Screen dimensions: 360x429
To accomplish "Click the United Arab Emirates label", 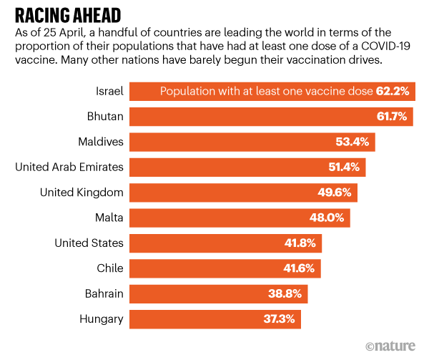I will [69, 167].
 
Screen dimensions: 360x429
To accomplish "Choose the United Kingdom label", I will [82, 193].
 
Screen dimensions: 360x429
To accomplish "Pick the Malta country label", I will [109, 218].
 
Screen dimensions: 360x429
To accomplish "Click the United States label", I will [89, 243].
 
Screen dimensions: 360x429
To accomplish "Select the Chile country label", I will [109, 268].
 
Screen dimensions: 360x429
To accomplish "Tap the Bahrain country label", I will [103, 293].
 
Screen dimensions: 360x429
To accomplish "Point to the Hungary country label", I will [102, 319].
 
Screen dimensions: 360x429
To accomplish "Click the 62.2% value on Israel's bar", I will [394, 92].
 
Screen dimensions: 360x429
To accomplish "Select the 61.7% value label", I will [393, 117].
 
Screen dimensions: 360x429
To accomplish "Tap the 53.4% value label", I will [352, 142].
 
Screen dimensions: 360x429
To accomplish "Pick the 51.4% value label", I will [343, 167].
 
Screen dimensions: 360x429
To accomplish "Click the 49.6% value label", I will [335, 193].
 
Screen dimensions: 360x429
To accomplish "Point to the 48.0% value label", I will [327, 218].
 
